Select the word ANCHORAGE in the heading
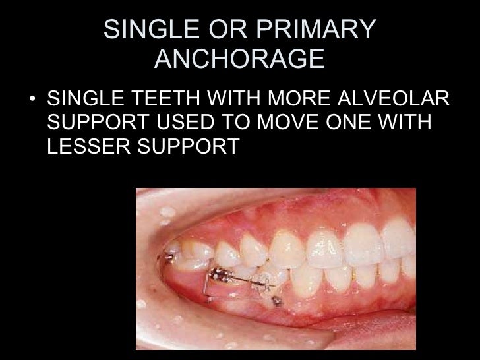(x=239, y=61)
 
